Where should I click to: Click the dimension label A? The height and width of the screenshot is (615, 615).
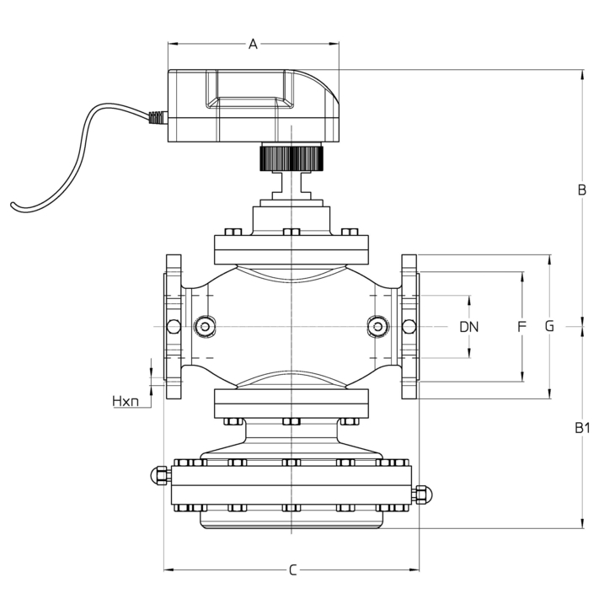pyautogui.click(x=254, y=44)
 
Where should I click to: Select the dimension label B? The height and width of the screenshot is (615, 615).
pyautogui.click(x=582, y=190)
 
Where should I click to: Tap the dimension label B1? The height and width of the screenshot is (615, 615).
pyautogui.click(x=582, y=428)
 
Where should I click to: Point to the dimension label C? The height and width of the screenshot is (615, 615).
pyautogui.click(x=293, y=570)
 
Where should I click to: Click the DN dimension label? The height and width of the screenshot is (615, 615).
pyautogui.click(x=469, y=327)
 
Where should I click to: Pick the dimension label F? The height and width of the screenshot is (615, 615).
pyautogui.click(x=521, y=326)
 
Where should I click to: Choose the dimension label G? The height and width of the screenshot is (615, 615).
pyautogui.click(x=549, y=326)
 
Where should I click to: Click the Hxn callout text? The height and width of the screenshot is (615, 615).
pyautogui.click(x=126, y=401)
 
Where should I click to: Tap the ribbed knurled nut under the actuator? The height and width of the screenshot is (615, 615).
pyautogui.click(x=291, y=158)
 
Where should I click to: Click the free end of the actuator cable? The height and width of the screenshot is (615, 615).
pyautogui.click(x=13, y=204)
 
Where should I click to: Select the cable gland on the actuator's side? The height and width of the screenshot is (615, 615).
pyautogui.click(x=158, y=118)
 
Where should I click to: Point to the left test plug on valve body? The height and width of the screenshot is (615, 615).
pyautogui.click(x=205, y=326)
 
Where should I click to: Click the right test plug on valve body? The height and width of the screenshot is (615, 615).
pyautogui.click(x=377, y=326)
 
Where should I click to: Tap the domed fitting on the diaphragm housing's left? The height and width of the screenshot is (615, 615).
pyautogui.click(x=160, y=475)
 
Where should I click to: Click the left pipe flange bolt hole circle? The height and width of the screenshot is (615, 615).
pyautogui.click(x=174, y=326)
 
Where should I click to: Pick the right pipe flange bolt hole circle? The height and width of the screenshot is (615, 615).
pyautogui.click(x=409, y=326)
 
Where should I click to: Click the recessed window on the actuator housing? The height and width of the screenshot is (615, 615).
pyautogui.click(x=250, y=88)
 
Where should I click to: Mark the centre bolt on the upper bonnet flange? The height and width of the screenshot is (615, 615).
pyautogui.click(x=291, y=232)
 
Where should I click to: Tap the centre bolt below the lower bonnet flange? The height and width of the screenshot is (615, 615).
pyautogui.click(x=291, y=421)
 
